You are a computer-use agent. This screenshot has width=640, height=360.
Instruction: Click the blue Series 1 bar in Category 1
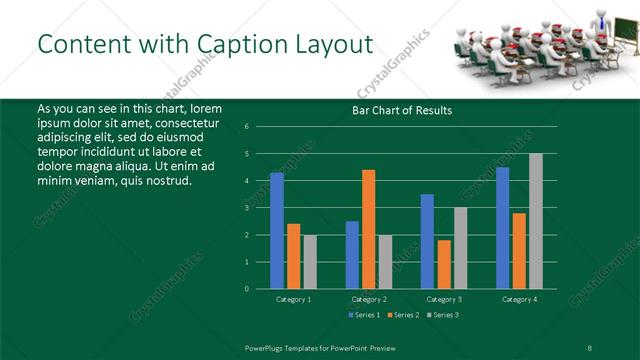277,230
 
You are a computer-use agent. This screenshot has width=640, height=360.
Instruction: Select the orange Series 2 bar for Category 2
368,229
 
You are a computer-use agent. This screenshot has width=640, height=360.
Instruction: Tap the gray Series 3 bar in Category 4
535,221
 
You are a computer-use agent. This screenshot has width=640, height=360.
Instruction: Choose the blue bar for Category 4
502,227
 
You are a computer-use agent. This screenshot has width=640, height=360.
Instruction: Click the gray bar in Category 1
310,261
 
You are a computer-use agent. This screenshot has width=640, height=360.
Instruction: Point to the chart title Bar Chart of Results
402,110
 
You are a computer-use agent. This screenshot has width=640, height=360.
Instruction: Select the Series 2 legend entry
404,315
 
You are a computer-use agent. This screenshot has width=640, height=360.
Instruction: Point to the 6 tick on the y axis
247,127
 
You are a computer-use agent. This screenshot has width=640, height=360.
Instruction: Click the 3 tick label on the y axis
247,208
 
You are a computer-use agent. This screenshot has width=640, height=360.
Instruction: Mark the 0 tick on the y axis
247,289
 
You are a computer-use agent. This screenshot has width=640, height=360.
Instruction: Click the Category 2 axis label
370,299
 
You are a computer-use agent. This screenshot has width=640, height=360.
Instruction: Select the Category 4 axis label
519,299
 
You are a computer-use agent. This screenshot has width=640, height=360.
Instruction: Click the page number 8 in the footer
590,347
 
